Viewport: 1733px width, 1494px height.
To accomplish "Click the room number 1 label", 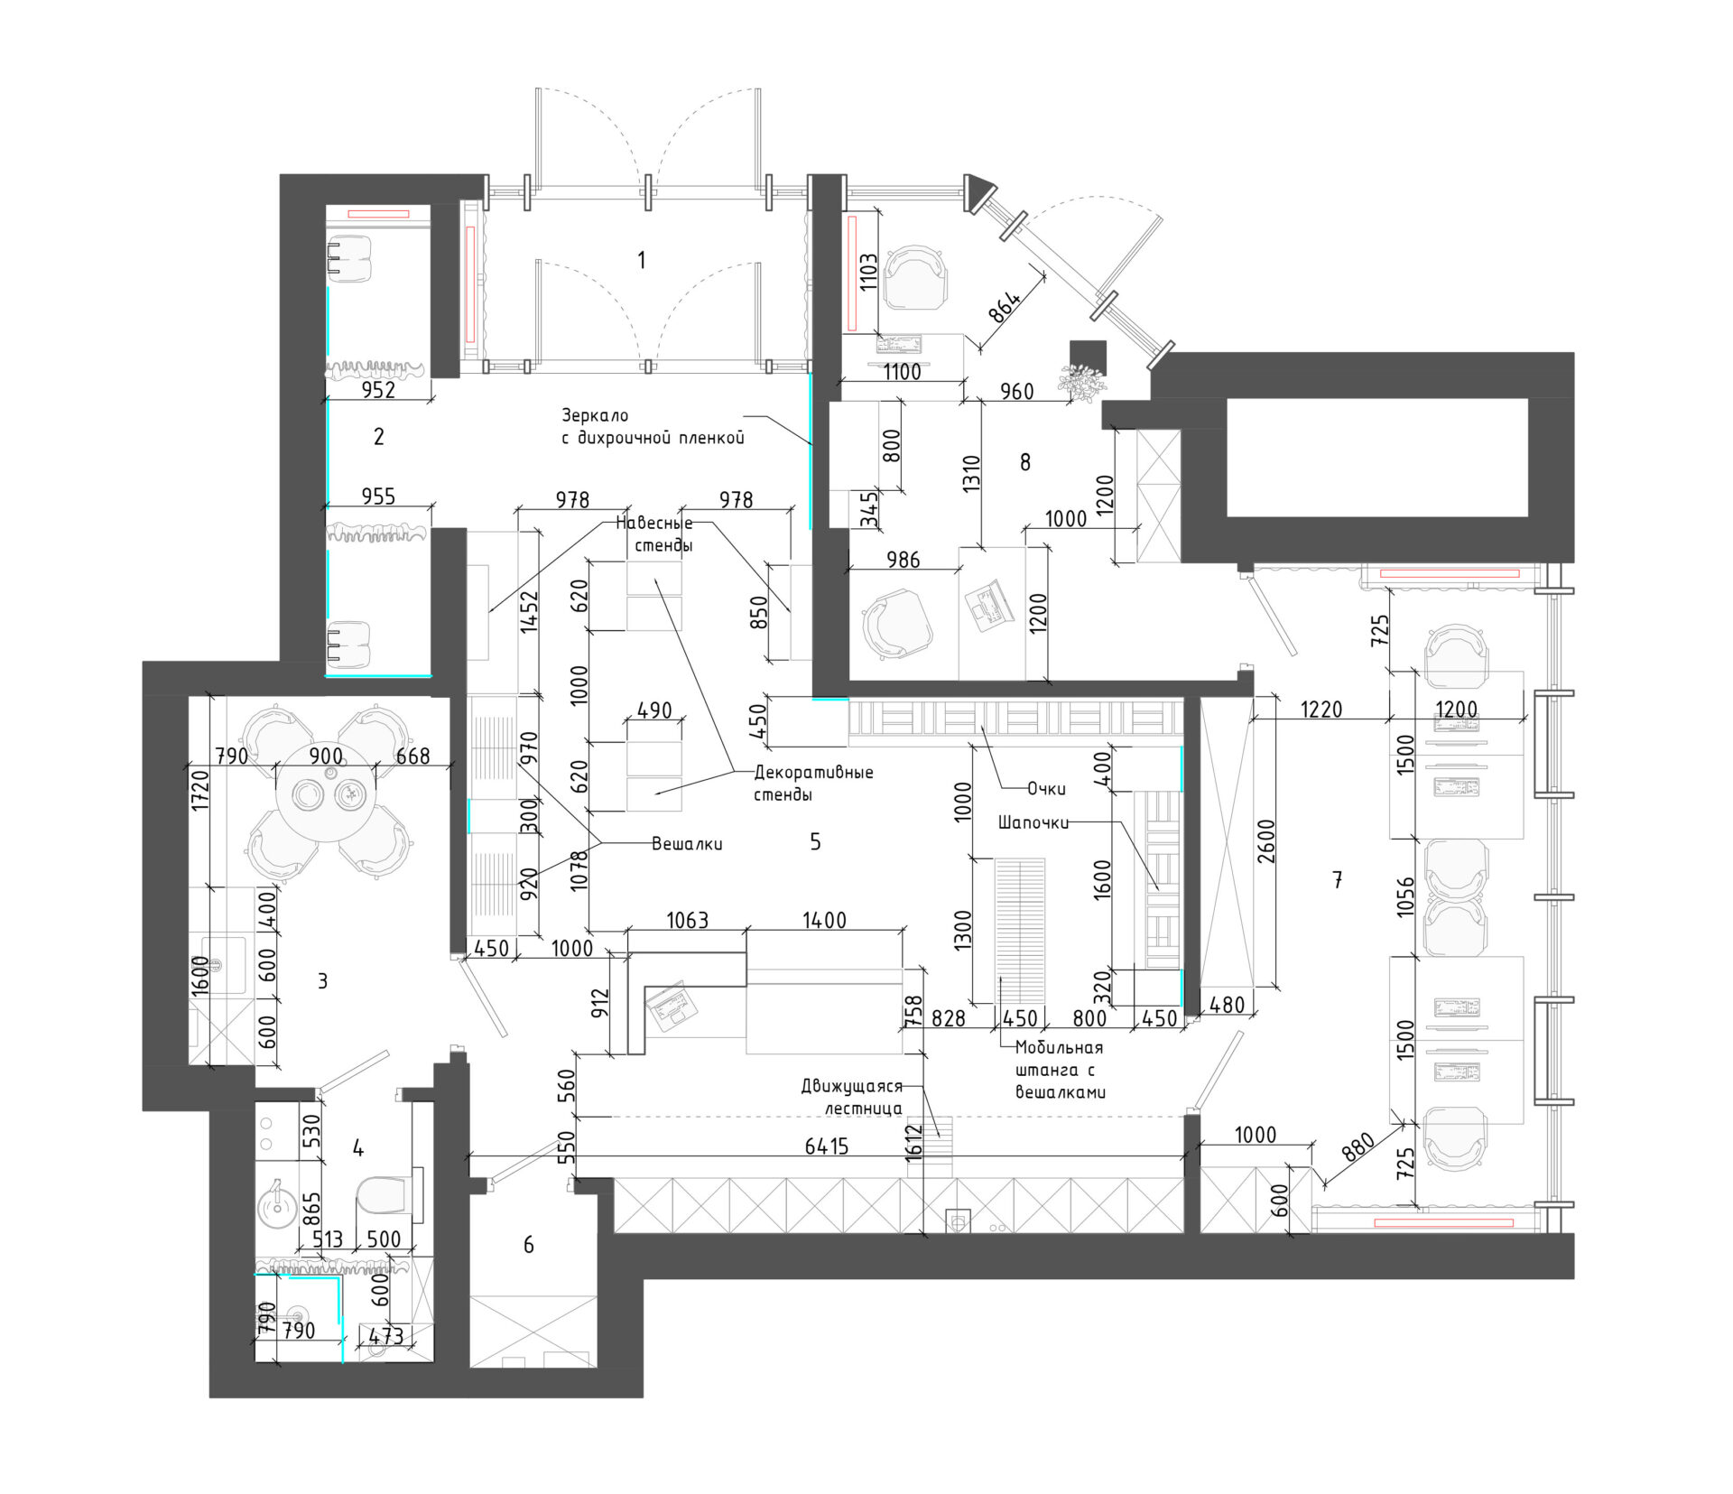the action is click(x=641, y=260).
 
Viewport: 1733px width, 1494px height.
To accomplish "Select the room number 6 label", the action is click(x=528, y=1245).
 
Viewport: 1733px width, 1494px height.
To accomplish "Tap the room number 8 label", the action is click(x=1024, y=462).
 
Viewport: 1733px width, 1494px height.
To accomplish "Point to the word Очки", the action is click(x=1046, y=789).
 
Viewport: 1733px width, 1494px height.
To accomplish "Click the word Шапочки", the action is click(x=1033, y=822).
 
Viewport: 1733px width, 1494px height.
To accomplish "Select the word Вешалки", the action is click(x=687, y=844).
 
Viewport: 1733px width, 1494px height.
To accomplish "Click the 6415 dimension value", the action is click(x=827, y=1146).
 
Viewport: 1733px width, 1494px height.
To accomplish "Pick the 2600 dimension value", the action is click(x=1266, y=840).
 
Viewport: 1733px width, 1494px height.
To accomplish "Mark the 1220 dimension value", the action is click(x=1321, y=710).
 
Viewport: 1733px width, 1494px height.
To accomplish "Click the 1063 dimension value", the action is click(x=687, y=920).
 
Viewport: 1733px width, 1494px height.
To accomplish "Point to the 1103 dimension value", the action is click(x=868, y=270).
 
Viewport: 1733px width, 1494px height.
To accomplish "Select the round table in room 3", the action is click(x=325, y=793).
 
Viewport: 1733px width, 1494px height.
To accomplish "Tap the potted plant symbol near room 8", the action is click(x=1082, y=382).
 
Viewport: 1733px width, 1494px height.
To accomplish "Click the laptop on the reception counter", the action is click(x=670, y=1007).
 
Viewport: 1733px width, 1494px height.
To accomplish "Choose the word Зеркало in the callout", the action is click(x=595, y=415).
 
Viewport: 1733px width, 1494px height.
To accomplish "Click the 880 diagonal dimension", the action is click(x=1358, y=1147).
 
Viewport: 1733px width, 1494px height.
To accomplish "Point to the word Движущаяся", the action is click(x=851, y=1086).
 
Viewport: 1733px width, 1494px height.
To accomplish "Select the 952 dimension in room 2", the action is click(x=378, y=389).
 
